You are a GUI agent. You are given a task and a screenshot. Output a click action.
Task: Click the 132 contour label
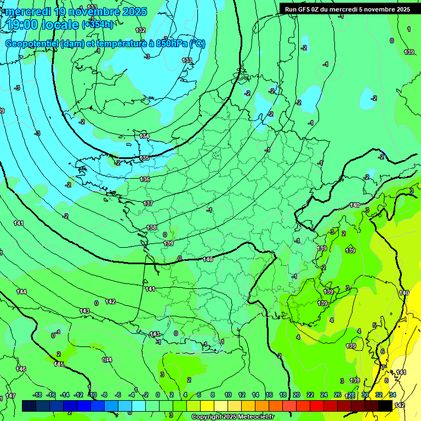click(141, 31)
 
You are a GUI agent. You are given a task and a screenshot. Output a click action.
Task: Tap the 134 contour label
click(144, 136)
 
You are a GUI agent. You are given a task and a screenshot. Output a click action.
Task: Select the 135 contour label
click(144, 158)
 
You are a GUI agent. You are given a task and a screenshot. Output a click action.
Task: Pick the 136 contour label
click(145, 179)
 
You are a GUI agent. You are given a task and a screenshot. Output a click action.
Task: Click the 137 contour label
click(148, 203)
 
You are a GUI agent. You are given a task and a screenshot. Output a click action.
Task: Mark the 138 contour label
click(152, 227)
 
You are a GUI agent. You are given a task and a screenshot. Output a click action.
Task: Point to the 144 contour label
click(21, 292)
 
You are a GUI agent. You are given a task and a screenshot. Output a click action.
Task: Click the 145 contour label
click(59, 365)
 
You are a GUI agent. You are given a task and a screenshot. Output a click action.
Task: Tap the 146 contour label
click(21, 369)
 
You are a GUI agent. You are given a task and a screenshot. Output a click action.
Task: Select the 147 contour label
click(10, 396)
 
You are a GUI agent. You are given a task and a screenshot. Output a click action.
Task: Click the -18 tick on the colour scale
click(38, 395)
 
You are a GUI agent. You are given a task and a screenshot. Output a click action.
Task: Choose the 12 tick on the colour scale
click(241, 395)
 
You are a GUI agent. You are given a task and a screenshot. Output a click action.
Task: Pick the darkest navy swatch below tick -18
click(29, 406)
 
